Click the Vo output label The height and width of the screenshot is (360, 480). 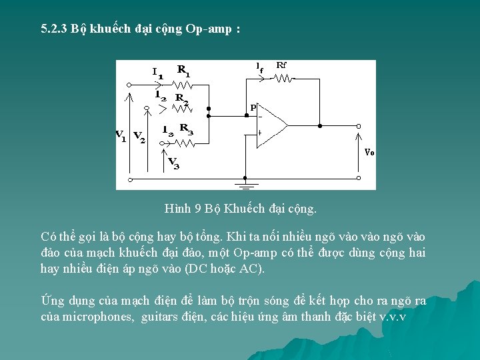pos(369,152)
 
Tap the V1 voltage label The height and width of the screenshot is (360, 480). pos(121,136)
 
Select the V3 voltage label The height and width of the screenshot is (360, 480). pos(173,162)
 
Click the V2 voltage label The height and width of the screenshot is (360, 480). pos(139,137)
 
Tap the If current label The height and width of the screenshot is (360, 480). pos(259,66)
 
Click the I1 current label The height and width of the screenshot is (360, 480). pos(157,72)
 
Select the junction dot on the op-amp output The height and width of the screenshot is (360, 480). pos(320,125)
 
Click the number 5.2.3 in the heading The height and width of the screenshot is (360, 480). pos(54,30)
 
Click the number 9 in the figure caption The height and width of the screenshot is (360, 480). pos(198,209)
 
